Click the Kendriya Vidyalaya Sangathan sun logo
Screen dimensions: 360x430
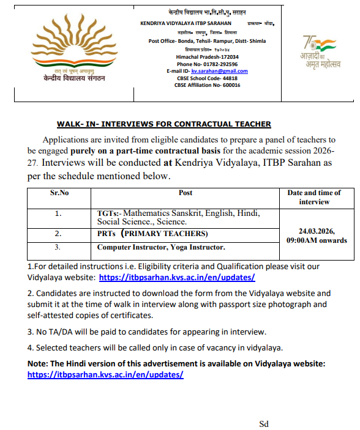(x=69, y=46)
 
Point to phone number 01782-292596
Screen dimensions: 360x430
(x=218, y=64)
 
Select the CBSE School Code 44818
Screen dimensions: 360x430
(x=225, y=78)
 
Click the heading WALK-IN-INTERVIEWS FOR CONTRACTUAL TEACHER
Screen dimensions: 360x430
(x=163, y=124)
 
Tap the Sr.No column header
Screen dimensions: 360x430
(x=59, y=193)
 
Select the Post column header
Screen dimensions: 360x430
(x=186, y=193)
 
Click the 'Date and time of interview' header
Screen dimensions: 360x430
(x=314, y=197)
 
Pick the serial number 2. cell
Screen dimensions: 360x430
(x=59, y=234)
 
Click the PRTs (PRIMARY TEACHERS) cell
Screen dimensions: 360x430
(x=152, y=234)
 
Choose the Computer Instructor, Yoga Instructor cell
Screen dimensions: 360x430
(x=161, y=247)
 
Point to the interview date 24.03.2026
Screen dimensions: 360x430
(x=316, y=232)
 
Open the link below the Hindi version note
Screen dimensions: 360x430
(x=105, y=374)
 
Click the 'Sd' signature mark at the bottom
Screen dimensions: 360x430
(x=264, y=423)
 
